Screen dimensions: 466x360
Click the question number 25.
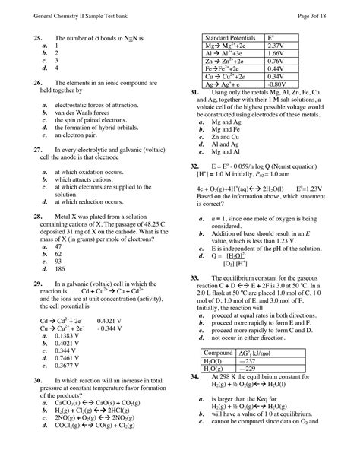(36, 37)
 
